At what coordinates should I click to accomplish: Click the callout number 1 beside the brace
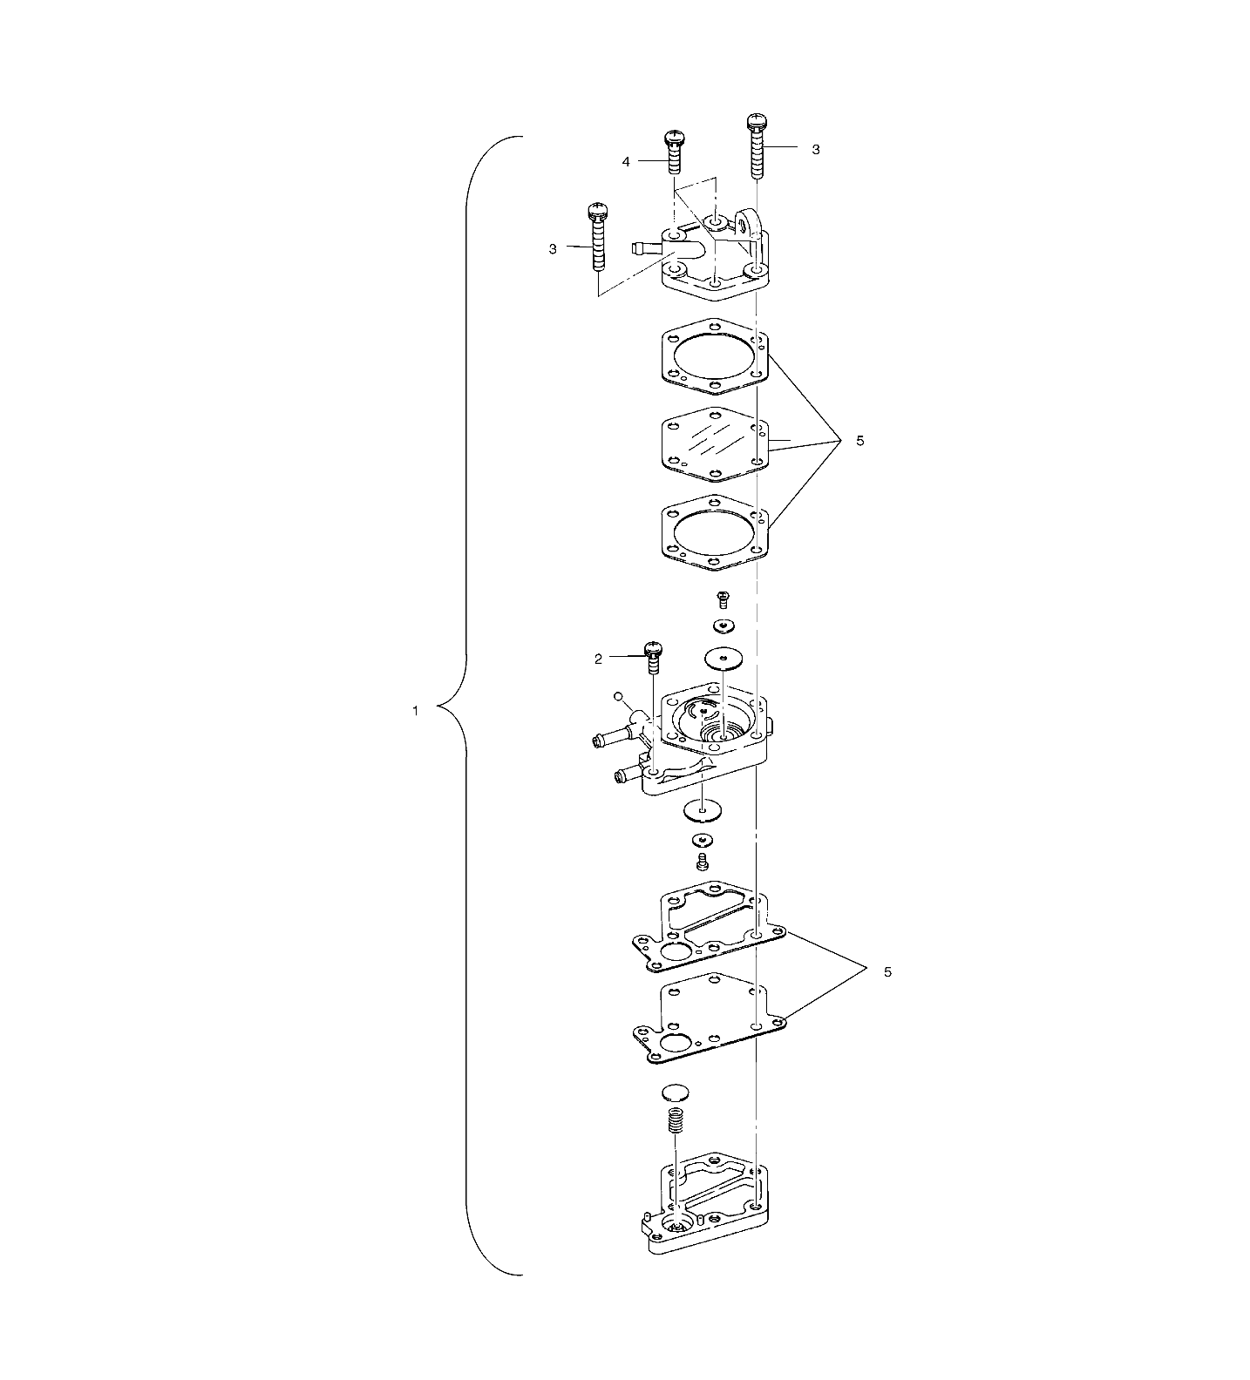click(x=415, y=711)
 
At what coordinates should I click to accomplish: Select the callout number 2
click(x=598, y=659)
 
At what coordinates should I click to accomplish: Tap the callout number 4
click(x=625, y=161)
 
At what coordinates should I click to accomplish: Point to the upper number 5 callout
click(x=859, y=441)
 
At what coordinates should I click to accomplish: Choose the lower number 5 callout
click(x=887, y=971)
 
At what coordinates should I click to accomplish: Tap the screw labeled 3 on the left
click(x=597, y=235)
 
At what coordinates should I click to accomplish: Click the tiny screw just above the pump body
click(x=723, y=599)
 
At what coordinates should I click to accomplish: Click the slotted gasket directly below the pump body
click(x=708, y=927)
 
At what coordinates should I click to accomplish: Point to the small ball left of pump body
click(x=618, y=697)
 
